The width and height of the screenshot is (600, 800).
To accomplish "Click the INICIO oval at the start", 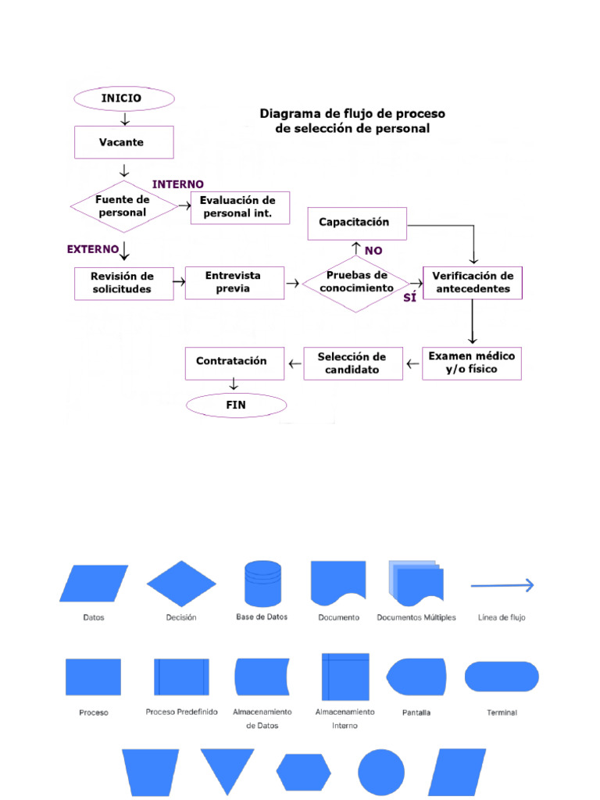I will pyautogui.click(x=123, y=99).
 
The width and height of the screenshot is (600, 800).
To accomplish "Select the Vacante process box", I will pyautogui.click(x=123, y=143).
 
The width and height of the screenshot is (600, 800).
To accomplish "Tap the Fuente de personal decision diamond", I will pyautogui.click(x=123, y=206).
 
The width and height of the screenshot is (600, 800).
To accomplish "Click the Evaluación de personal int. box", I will pyautogui.click(x=240, y=207).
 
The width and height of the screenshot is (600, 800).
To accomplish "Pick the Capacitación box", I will pyautogui.click(x=357, y=223).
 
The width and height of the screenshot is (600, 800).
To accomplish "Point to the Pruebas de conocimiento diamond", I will pyautogui.click(x=356, y=282).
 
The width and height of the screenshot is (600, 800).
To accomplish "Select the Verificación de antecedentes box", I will pyautogui.click(x=473, y=282).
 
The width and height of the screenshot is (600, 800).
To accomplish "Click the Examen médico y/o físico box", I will pyautogui.click(x=472, y=363).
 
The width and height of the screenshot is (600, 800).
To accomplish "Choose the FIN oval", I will pyautogui.click(x=236, y=405).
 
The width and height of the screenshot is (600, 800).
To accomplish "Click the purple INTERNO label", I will pyautogui.click(x=178, y=184).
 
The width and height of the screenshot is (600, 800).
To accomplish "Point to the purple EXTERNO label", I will pyautogui.click(x=93, y=249).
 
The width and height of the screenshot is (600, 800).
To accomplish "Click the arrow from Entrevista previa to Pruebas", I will pyautogui.click(x=293, y=284).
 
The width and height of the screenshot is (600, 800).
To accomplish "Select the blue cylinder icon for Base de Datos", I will pyautogui.click(x=262, y=583).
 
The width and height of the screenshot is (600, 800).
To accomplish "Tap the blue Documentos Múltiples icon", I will pyautogui.click(x=416, y=583).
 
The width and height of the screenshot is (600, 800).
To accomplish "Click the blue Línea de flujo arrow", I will pyautogui.click(x=502, y=585).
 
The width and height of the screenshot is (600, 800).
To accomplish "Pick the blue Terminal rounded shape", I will pyautogui.click(x=502, y=677).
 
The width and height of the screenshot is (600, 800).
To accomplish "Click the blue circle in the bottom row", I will pyautogui.click(x=381, y=773).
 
